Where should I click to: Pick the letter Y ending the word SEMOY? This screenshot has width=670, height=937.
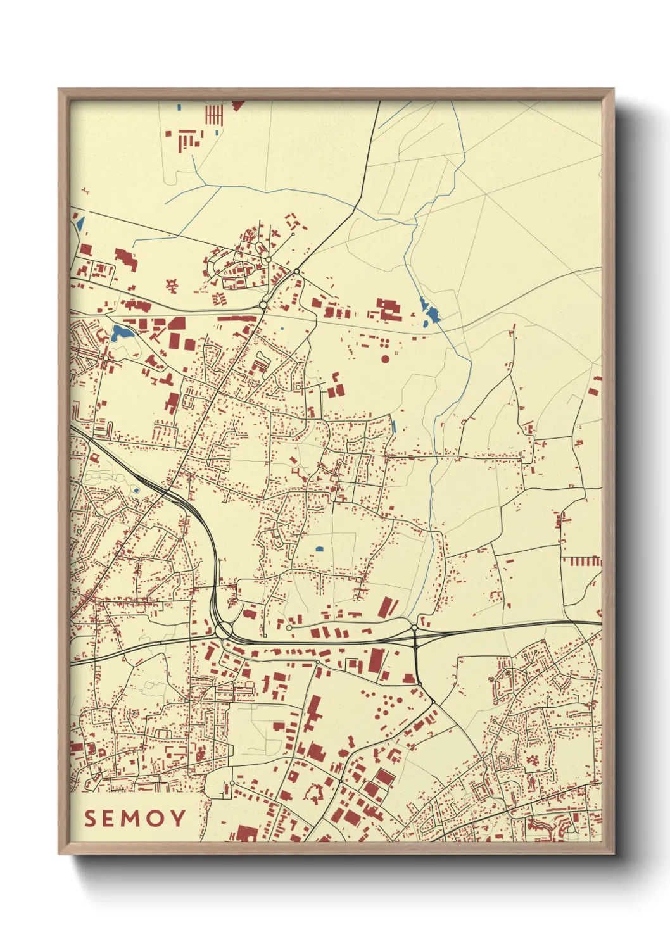tap(178, 819)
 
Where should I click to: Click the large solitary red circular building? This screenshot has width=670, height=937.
tap(386, 359)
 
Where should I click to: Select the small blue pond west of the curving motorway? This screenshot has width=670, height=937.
tap(136, 491)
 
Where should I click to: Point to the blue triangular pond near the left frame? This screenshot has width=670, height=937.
tap(80, 222)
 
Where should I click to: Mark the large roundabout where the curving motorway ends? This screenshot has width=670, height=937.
tap(224, 630)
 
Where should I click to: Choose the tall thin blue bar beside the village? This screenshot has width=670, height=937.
tap(394, 427)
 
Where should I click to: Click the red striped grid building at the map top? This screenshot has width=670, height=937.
tap(214, 115)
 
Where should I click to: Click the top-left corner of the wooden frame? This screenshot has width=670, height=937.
tap(59, 89)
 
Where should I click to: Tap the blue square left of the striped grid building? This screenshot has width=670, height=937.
tap(180, 107)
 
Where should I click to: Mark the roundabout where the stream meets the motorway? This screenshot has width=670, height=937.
tap(414, 627)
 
